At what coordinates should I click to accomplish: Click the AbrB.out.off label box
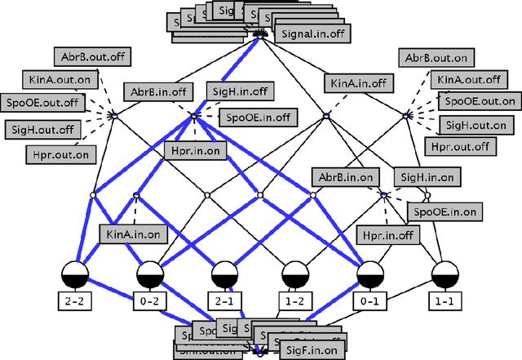pyautogui.click(x=95, y=58)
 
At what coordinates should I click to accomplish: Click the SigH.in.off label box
pyautogui.click(x=241, y=91)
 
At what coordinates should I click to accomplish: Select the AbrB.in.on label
pyautogui.click(x=347, y=177)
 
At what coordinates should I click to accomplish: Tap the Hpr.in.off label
pyautogui.click(x=388, y=235)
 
